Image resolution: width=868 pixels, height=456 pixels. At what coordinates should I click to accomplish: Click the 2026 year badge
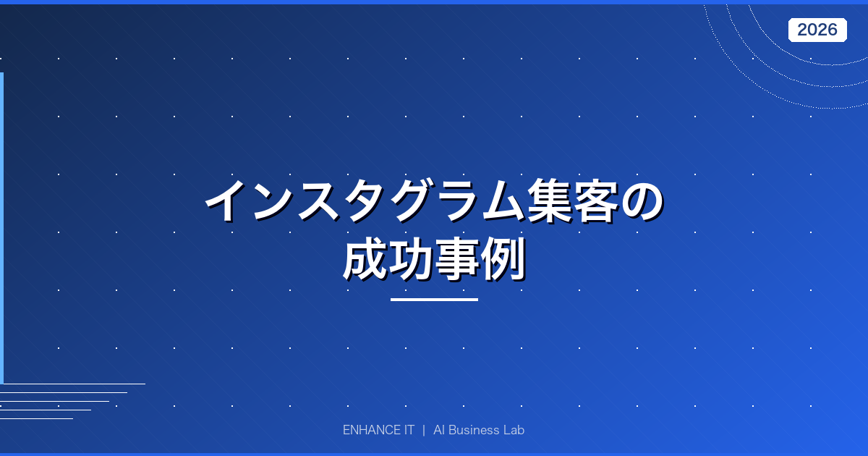[817, 30]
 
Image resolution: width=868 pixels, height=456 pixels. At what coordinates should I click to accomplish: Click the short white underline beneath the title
[434, 299]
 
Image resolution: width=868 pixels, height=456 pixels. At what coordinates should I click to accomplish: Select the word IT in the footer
[407, 430]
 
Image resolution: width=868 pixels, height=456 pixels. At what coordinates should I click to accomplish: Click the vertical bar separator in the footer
[424, 430]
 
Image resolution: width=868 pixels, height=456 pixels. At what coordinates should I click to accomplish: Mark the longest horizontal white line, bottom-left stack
[72, 384]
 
